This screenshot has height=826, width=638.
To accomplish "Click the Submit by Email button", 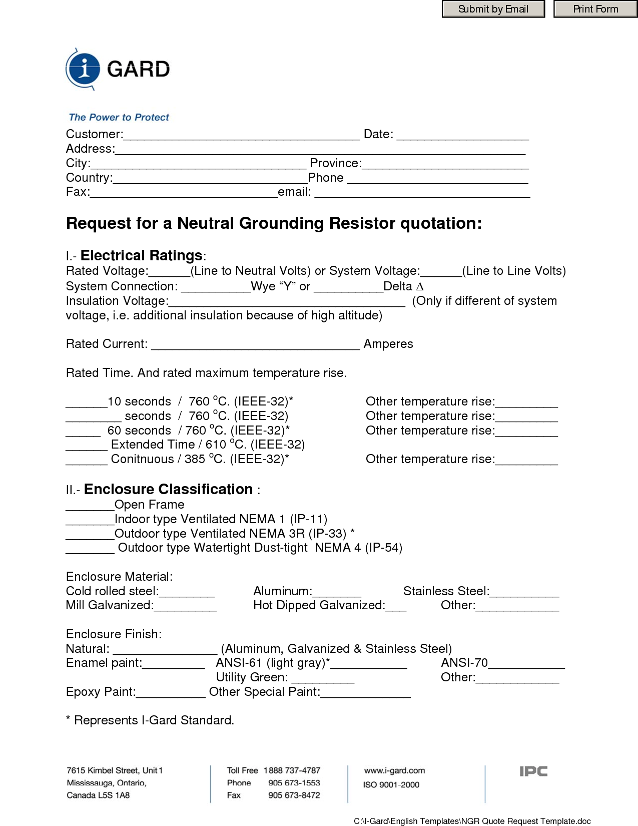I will (x=493, y=9).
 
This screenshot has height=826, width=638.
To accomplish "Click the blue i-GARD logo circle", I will (x=84, y=68).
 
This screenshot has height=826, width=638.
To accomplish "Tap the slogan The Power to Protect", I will (x=119, y=117).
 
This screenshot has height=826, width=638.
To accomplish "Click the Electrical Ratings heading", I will (x=141, y=256).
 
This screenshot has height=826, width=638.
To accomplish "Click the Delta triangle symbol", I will (x=420, y=286).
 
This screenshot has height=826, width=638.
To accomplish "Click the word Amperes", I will (x=388, y=344).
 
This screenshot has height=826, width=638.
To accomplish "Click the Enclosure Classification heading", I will (x=168, y=489).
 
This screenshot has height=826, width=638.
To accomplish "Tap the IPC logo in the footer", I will (x=533, y=771).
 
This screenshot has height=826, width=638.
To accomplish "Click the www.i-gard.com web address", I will (x=394, y=770).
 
